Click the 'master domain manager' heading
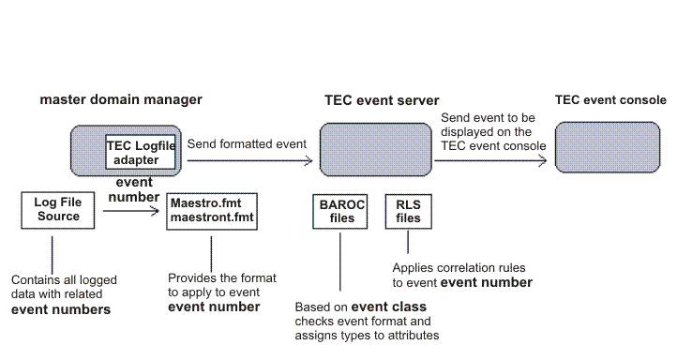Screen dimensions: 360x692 120,98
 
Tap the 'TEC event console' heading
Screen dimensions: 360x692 610,99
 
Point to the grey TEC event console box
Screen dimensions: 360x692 599,149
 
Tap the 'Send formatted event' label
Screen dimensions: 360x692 246,144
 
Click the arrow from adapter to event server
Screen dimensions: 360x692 248,160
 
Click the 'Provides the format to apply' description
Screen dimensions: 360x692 215,292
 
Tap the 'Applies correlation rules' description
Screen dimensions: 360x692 462,275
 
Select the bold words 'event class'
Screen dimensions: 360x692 388,307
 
